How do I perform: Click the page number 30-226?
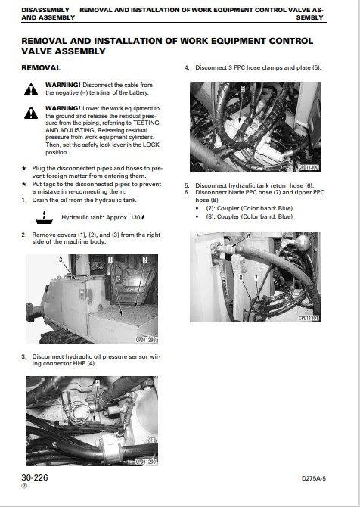click(x=35, y=477)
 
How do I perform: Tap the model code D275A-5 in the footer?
click(x=313, y=478)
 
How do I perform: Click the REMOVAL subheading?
click(x=41, y=68)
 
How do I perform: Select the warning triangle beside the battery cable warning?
click(x=31, y=89)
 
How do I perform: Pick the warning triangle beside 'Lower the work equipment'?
click(x=31, y=113)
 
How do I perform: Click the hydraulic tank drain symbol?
click(x=45, y=218)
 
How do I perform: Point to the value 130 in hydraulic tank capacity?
click(x=135, y=217)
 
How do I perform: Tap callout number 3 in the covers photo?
click(x=61, y=260)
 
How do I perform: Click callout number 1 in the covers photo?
click(x=110, y=260)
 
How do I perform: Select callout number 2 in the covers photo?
click(x=144, y=260)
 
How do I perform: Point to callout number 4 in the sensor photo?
click(x=98, y=382)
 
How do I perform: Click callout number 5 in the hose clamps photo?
click(x=243, y=89)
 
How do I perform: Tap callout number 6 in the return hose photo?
click(x=248, y=236)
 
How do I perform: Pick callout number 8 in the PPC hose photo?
click(x=241, y=278)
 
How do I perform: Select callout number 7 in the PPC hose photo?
click(x=256, y=278)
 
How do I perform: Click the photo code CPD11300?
click(x=309, y=167)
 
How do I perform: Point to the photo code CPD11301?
click(x=309, y=318)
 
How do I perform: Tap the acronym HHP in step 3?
click(x=79, y=363)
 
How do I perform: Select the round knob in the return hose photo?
click(x=303, y=242)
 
